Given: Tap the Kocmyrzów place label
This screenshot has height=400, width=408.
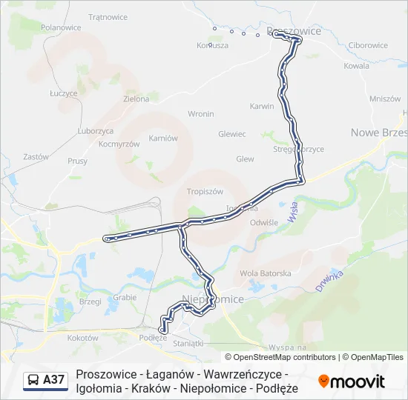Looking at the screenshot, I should coord(119,144).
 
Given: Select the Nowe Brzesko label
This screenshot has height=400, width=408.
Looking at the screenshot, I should coord(378,132).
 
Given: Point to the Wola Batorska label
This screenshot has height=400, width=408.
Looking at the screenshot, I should coord(266,273).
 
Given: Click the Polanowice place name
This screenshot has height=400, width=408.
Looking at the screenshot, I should coord(61,27).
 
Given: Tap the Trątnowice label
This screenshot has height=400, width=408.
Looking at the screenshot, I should coord(108,16).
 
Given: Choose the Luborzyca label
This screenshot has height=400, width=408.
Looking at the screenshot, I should coord(95,130).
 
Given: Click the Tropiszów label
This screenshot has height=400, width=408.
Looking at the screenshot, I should coord(205,190).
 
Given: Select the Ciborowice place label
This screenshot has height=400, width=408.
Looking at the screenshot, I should coord(368,45).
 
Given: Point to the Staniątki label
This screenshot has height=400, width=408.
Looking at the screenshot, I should coord(187,343).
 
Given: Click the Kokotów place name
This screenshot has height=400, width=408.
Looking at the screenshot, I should coord(82,338).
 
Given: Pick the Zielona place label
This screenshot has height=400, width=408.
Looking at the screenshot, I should coord(136,98).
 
